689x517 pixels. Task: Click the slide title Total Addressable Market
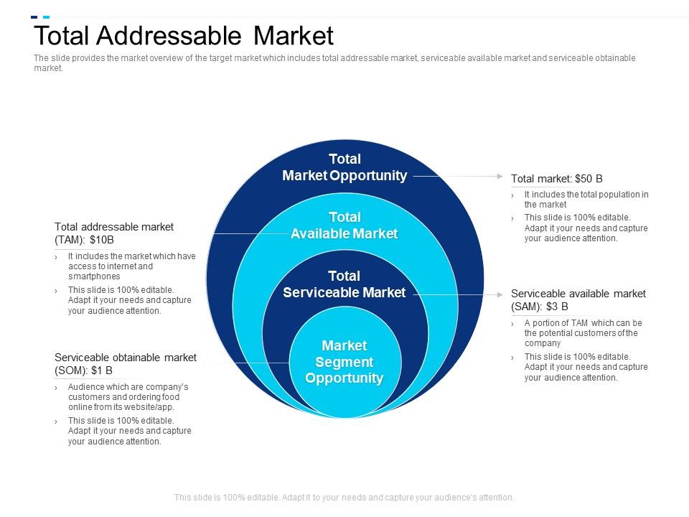[x=184, y=36]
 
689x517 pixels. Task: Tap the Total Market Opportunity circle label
[x=344, y=167]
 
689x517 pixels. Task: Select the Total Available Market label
[x=344, y=225]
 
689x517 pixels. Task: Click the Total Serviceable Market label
[x=344, y=284]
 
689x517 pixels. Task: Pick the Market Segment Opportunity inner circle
[x=344, y=362]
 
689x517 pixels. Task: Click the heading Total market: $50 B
[x=556, y=178]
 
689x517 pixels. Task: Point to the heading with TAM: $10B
[x=114, y=233]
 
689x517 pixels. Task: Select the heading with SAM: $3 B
[x=578, y=299]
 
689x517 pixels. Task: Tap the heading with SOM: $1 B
[x=125, y=364]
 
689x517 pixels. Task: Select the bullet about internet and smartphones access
[x=131, y=266]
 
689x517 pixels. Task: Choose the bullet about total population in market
[x=586, y=199]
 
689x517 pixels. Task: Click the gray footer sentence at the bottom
[x=344, y=497]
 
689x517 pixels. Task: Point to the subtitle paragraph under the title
[x=334, y=63]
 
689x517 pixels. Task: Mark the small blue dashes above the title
[x=40, y=17]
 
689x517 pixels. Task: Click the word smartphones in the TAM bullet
[x=94, y=276]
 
